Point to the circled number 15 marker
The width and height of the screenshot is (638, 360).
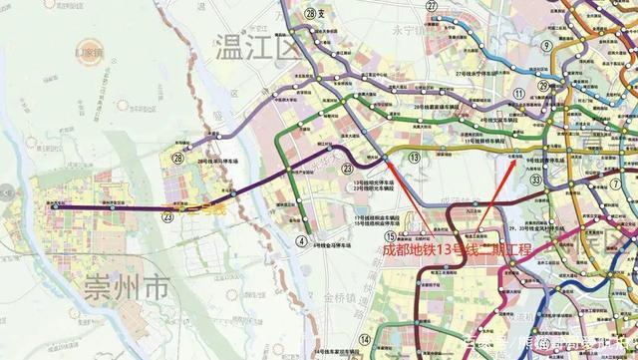click(393, 236)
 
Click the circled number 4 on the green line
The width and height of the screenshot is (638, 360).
click(300, 239)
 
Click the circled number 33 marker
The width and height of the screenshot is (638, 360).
click(535, 180)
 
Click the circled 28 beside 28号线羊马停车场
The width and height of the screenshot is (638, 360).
click(178, 159)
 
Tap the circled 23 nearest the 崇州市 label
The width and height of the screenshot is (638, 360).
click(167, 215)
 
